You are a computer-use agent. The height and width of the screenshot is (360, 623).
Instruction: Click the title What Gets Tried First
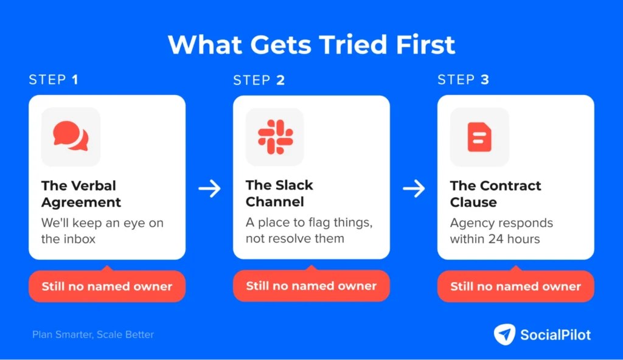311,44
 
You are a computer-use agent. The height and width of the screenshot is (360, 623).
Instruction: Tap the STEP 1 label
54,80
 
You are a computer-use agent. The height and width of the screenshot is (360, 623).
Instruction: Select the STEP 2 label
259,80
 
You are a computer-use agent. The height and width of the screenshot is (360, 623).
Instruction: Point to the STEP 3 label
463,80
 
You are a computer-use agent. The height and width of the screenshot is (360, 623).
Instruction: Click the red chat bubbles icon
71,136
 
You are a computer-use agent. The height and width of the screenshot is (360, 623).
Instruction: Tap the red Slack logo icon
276,137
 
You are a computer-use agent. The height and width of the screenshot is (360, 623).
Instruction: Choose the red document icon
479,137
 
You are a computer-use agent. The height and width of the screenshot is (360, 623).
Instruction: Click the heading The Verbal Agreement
81,194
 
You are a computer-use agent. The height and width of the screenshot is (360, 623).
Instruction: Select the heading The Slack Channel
279,193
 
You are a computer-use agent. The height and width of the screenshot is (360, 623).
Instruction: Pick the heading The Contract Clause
495,194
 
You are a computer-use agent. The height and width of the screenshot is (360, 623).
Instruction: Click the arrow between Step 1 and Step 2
209,189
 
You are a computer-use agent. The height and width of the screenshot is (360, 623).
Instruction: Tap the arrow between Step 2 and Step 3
414,189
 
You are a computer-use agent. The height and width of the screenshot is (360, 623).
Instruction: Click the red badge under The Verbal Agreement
107,286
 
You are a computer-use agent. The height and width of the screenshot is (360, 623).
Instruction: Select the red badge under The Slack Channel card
311,286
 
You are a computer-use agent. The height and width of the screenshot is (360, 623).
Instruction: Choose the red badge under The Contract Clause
516,286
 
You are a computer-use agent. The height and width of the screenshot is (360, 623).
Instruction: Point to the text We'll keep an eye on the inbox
102,231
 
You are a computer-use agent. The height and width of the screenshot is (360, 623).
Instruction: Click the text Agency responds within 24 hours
501,231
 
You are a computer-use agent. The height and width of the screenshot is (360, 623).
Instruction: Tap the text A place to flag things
309,223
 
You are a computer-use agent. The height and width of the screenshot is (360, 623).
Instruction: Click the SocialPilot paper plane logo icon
504,334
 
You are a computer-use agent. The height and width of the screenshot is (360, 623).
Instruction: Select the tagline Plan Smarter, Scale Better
93,334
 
